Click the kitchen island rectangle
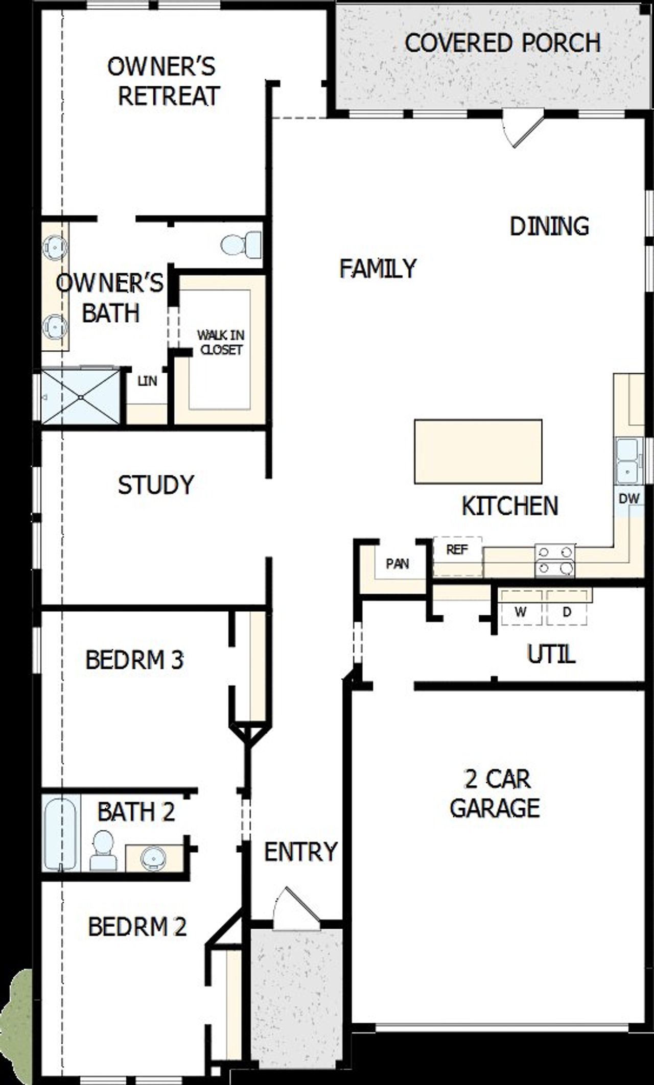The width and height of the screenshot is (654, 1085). (x=478, y=451)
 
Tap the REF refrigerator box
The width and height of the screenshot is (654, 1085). (x=457, y=556)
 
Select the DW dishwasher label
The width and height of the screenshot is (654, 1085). (x=629, y=499)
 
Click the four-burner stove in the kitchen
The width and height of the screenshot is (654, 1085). (x=554, y=560)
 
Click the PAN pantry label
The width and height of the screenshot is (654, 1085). (x=397, y=564)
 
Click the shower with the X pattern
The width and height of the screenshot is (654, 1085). (x=81, y=396)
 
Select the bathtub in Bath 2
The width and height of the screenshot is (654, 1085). (x=60, y=832)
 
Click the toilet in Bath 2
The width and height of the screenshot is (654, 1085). (x=103, y=850)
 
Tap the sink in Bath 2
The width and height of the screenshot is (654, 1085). (x=153, y=858)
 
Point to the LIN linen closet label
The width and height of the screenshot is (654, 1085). (x=147, y=381)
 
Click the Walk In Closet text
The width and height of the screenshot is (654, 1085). (x=221, y=342)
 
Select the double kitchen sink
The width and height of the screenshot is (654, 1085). (x=627, y=461)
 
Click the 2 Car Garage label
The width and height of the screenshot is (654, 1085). (x=495, y=793)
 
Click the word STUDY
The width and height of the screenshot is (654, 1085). (x=156, y=485)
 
